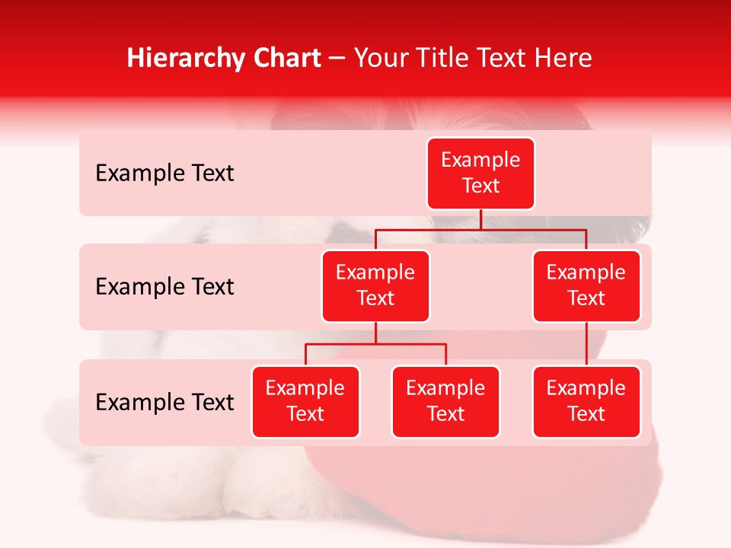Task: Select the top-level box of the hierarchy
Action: coord(480,174)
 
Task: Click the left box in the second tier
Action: coord(375,286)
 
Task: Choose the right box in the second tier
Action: coord(586,286)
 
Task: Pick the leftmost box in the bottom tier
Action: coord(305,402)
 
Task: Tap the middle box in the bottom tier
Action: coord(445,402)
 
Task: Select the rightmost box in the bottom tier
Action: coord(586,402)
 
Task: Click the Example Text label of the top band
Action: coord(164,174)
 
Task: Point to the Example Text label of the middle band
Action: coord(164,287)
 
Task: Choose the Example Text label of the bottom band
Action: coord(164,403)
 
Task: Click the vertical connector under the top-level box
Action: coord(480,219)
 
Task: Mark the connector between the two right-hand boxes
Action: coord(586,344)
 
